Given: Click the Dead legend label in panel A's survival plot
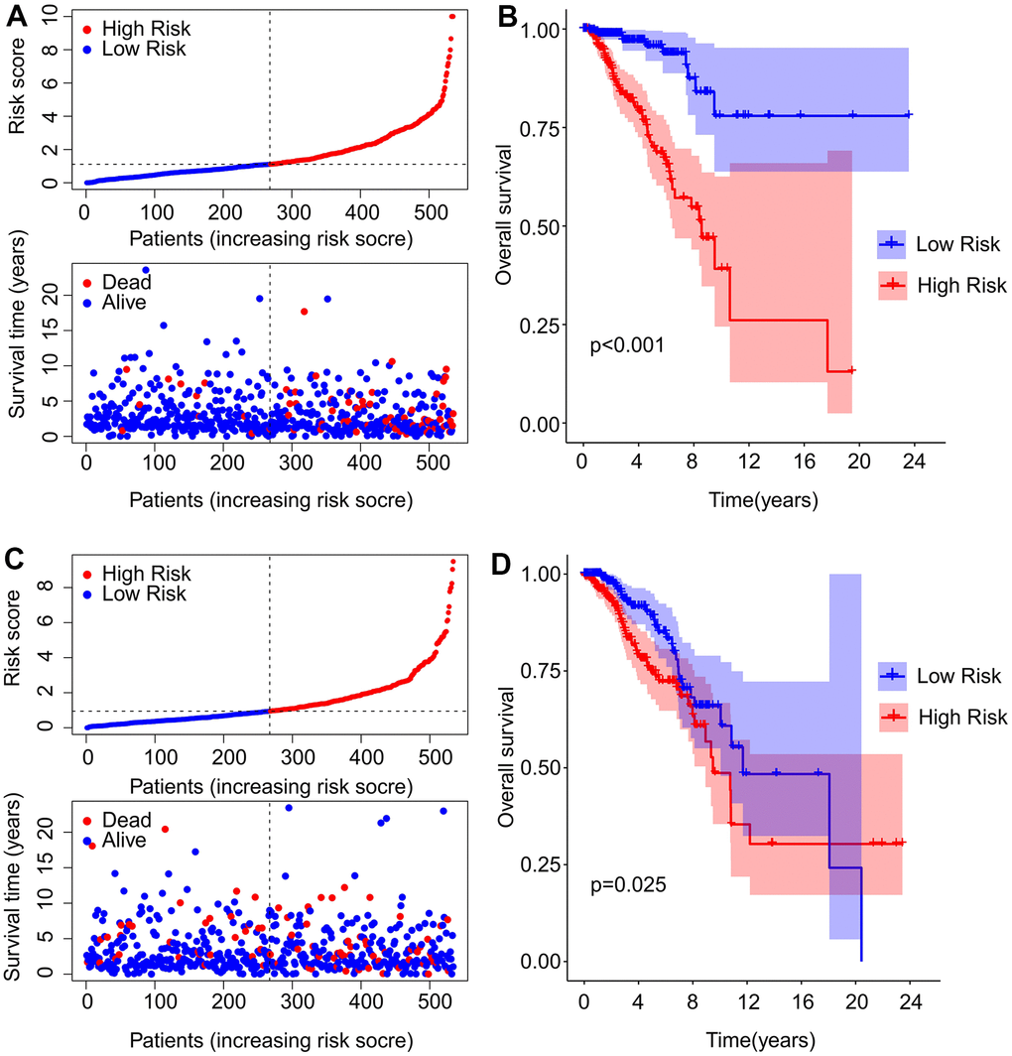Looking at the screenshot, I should (129, 283).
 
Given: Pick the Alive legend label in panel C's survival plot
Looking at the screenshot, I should (129, 841).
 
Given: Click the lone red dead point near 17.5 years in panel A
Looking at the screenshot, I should (304, 312).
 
